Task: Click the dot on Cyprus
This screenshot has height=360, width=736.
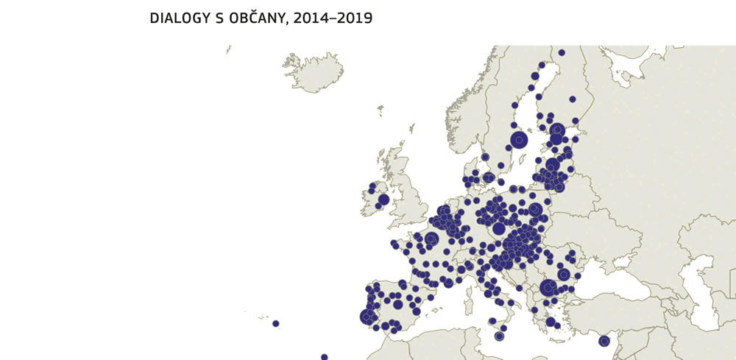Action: pos(604,340)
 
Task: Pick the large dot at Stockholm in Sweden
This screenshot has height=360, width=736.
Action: pos(520,139)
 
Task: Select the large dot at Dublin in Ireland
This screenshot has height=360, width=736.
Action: pos(383,200)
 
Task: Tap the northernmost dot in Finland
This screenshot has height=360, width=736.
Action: pos(562,52)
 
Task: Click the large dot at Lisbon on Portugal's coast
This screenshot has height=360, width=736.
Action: pos(367,317)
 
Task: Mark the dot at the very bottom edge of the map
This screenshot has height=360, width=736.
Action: pos(324,357)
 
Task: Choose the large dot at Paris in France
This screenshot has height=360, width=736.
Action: pos(431,239)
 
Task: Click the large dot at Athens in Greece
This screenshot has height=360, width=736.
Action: pos(551,322)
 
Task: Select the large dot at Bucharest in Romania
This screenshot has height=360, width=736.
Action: pos(564,274)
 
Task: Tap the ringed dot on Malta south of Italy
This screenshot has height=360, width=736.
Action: pos(499,336)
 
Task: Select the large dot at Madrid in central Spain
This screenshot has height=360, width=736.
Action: pos(397,304)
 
